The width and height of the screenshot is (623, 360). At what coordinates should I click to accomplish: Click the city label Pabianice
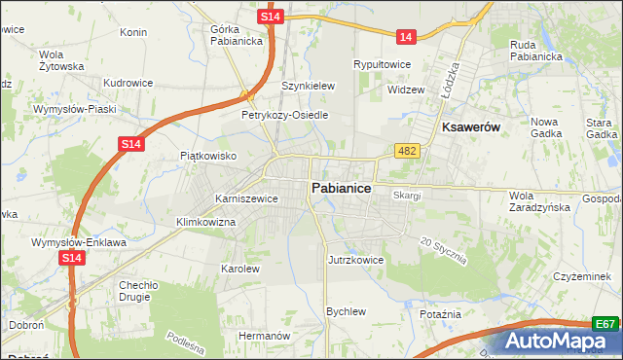340,188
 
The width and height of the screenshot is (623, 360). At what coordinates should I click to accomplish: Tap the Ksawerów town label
471,127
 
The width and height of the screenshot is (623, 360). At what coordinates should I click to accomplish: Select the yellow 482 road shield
407,150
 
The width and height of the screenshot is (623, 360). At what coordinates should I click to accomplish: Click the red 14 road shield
407,37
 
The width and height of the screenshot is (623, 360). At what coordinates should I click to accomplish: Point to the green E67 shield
605,324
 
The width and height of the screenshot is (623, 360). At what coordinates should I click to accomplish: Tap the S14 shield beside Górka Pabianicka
272,18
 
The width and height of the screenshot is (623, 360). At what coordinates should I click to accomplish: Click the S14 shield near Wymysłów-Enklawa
71,258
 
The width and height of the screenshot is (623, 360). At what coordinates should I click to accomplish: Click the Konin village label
132,32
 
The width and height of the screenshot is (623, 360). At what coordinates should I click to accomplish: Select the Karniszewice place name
246,198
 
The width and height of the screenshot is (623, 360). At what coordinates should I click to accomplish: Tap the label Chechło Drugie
138,292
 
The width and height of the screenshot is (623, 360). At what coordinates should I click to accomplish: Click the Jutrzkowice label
356,261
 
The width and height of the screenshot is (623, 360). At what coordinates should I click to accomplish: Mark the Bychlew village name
346,311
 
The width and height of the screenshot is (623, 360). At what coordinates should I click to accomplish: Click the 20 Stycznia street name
444,251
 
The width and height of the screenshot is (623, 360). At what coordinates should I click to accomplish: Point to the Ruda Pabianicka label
536,50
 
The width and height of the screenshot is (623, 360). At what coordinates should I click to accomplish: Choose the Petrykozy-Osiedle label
285,115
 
